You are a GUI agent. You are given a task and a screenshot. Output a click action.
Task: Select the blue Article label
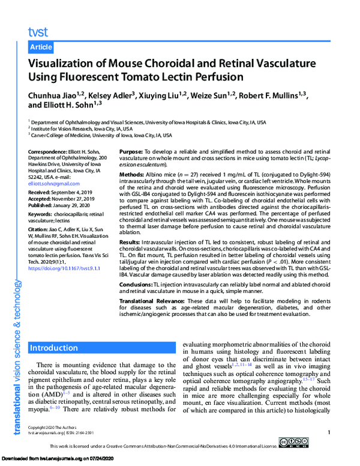click(41, 47)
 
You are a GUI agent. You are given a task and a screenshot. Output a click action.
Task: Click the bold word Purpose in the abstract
click(131, 152)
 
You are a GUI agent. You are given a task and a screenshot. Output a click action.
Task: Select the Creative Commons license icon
click(298, 446)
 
